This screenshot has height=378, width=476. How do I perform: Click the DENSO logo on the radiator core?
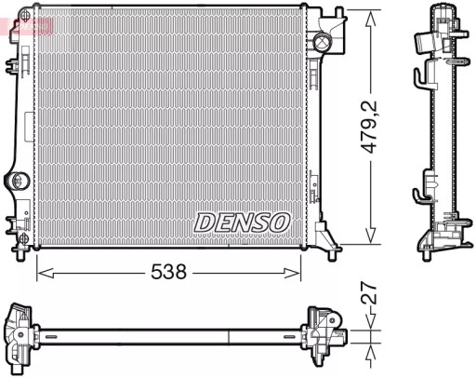(243, 223)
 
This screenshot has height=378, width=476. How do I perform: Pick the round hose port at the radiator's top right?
(323, 41)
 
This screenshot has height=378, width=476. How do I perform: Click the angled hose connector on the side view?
(427, 42)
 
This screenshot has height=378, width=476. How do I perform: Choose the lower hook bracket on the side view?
(422, 190)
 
